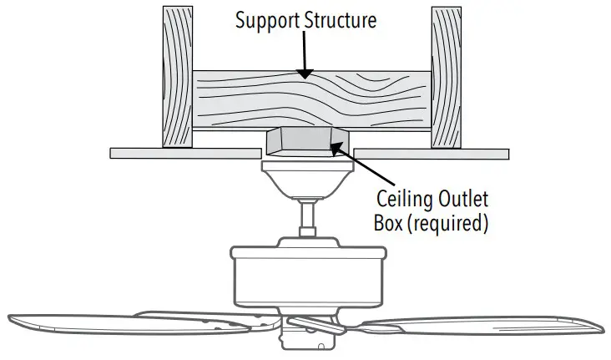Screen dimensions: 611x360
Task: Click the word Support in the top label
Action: tap(268, 21)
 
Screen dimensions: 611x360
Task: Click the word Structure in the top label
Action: tap(341, 20)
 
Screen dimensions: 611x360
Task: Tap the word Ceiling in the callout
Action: tap(402, 200)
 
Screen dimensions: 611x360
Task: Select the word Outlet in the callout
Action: tap(460, 199)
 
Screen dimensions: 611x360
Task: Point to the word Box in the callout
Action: tap(388, 223)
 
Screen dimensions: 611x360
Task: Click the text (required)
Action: tap(447, 224)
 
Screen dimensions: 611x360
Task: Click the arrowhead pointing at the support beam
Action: tap(305, 74)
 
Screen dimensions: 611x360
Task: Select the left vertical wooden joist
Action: tap(177, 77)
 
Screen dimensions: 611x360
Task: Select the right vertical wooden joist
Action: tap(447, 77)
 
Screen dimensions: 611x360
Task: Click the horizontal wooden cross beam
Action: tap(311, 100)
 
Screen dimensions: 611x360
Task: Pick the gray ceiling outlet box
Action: tap(307, 141)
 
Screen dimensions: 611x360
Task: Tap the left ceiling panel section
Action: tap(185, 154)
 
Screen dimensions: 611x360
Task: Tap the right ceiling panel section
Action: tap(431, 154)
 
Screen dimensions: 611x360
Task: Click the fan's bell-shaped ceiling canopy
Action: tap(307, 180)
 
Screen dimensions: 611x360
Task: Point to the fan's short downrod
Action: tap(307, 218)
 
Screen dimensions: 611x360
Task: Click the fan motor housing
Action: tap(309, 275)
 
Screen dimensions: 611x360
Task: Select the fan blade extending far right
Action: tap(479, 326)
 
